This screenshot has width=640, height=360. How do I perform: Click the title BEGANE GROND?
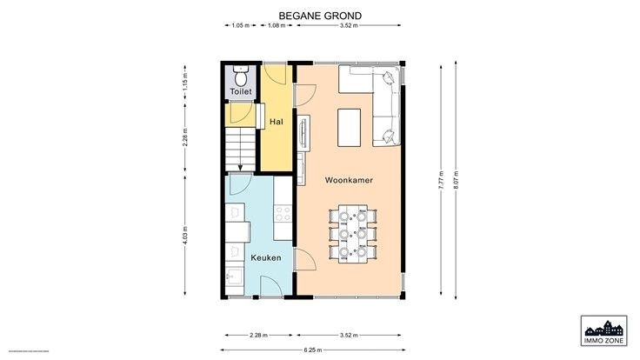tap(320, 16)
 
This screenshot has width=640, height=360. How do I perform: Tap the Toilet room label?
tap(241, 91)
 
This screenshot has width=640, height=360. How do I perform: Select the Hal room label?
tap(277, 122)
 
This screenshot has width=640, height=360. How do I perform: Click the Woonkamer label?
tap(349, 180)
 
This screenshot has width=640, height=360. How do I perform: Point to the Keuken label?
tap(266, 258)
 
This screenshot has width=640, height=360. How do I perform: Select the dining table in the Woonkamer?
tap(353, 234)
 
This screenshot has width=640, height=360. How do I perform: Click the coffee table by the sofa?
tap(349, 127)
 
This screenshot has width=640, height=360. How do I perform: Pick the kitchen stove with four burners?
tap(283, 214)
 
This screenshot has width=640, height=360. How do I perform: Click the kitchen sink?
tap(234, 277)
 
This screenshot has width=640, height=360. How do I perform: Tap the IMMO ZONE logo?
tap(604, 330)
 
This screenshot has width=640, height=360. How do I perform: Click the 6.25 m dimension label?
tap(313, 350)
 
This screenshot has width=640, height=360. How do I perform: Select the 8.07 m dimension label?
tap(456, 180)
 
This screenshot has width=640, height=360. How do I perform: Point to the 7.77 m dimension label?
tap(441, 180)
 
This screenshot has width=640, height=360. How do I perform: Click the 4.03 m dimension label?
tap(185, 236)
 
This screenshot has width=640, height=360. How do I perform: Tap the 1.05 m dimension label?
tap(240, 25)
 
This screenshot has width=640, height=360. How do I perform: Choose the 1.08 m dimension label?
tap(277, 25)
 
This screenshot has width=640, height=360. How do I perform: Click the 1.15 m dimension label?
tap(185, 82)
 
